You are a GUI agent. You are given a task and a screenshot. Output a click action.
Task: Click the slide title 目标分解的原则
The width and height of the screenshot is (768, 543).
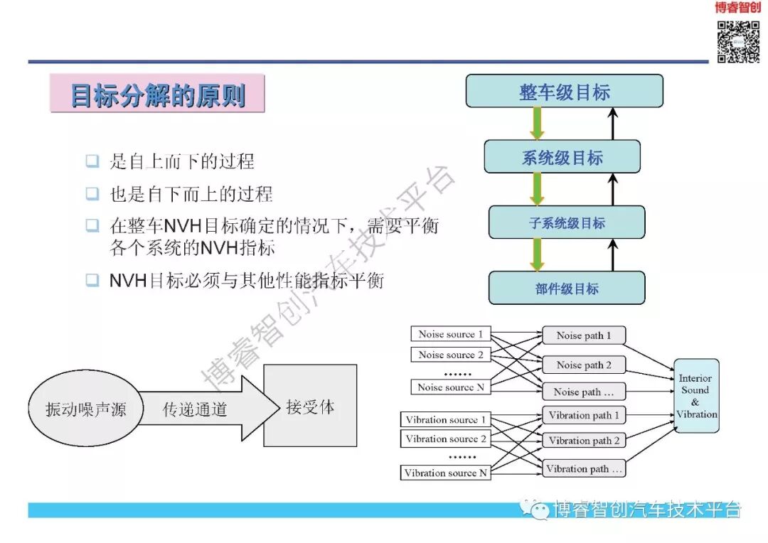tap(157, 95)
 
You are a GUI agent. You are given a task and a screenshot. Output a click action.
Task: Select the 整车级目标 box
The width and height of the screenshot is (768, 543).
tap(564, 91)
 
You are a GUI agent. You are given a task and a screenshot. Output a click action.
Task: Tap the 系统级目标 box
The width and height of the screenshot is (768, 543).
tap(562, 157)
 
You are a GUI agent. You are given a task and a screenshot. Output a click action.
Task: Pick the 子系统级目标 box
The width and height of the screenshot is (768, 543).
tap(566, 222)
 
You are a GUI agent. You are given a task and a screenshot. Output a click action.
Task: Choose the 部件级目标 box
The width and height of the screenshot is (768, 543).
tap(566, 288)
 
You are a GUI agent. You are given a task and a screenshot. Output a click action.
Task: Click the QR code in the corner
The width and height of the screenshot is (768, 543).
tap(737, 42)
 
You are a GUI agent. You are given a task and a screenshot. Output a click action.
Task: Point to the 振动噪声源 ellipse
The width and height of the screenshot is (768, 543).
tap(85, 409)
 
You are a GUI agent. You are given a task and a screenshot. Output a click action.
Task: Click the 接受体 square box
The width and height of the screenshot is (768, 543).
tap(310, 407)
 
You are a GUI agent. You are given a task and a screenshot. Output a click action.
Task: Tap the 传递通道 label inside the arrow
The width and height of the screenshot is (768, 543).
tap(195, 409)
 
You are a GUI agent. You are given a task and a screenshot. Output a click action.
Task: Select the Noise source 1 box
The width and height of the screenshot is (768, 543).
tap(450, 334)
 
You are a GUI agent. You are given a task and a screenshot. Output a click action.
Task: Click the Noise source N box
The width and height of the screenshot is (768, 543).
tap(450, 387)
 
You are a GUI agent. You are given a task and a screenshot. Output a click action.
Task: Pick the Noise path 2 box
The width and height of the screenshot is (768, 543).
tap(584, 365)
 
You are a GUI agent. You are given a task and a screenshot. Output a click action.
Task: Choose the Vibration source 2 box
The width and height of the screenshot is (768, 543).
tap(446, 439)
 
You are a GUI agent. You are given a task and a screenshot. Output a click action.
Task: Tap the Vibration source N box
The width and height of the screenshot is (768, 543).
tap(446, 473)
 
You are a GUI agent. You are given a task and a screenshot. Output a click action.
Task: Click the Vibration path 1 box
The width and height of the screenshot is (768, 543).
tap(584, 415)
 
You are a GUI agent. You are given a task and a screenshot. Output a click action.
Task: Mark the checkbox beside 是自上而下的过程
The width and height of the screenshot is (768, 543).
tap(92, 161)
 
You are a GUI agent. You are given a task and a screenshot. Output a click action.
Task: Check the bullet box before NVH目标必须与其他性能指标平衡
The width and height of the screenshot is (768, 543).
tap(92, 280)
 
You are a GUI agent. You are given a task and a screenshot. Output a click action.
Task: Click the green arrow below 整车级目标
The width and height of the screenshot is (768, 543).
tap(538, 123)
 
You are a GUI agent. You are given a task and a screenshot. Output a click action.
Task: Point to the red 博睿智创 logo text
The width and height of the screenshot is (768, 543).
tap(737, 8)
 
